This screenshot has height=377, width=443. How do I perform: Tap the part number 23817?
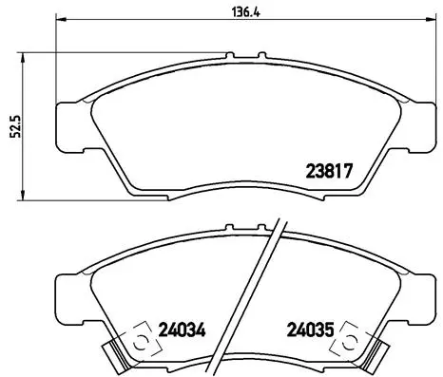(x=329, y=173)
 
